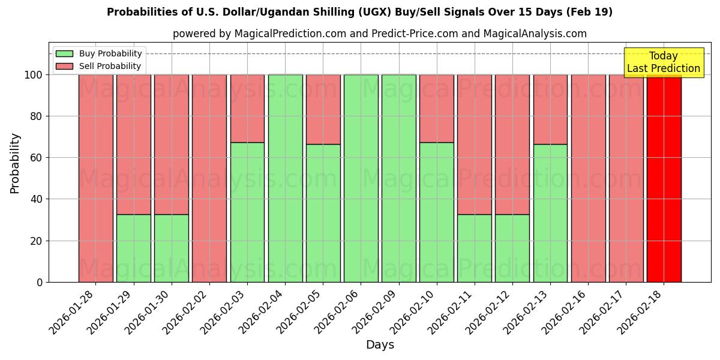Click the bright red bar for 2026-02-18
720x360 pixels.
[664, 178]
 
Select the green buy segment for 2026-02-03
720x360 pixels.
[247, 212]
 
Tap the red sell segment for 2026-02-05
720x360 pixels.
[323, 109]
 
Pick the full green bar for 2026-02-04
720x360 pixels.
[285, 178]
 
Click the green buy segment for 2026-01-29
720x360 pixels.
[133, 248]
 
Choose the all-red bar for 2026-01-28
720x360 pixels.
[95, 178]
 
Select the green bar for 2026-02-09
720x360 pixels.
[398, 178]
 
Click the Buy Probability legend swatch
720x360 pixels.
[64, 54]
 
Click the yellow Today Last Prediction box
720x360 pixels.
[663, 62]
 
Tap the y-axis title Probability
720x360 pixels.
[15, 163]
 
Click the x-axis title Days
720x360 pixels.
[380, 345]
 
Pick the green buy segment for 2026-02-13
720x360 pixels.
[550, 213]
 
